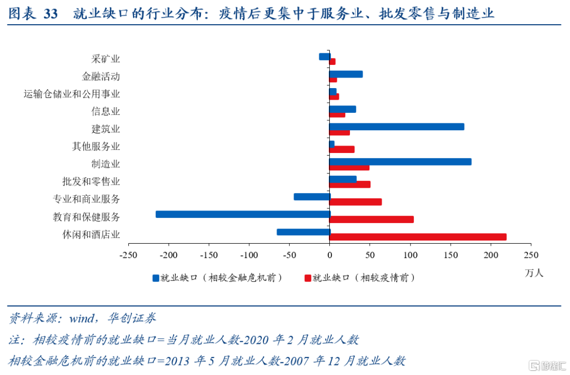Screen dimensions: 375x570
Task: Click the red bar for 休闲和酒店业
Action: [417, 237]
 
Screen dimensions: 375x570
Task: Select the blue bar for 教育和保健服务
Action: [243, 214]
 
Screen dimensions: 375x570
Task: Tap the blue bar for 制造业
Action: [400, 162]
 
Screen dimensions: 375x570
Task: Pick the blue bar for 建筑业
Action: [396, 127]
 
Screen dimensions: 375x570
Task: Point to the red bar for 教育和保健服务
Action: [372, 219]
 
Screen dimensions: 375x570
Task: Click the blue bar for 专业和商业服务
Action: [311, 197]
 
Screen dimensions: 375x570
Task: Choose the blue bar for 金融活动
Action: [346, 74]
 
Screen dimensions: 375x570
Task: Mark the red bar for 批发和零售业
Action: [350, 185]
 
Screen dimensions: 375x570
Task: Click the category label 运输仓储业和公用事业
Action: [72, 94]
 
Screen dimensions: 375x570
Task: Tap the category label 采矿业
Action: [106, 59]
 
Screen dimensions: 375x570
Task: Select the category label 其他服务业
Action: [96, 147]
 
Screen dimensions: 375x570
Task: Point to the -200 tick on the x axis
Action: [168, 255]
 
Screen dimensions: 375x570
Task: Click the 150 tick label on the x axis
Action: [450, 255]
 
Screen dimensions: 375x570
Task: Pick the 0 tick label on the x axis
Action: [329, 255]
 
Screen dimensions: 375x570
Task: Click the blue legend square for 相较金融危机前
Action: [156, 277]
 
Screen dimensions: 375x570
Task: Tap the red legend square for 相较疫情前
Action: [307, 277]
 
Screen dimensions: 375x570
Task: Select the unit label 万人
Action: [534, 273]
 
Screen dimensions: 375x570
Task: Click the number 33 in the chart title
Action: [51, 14]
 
